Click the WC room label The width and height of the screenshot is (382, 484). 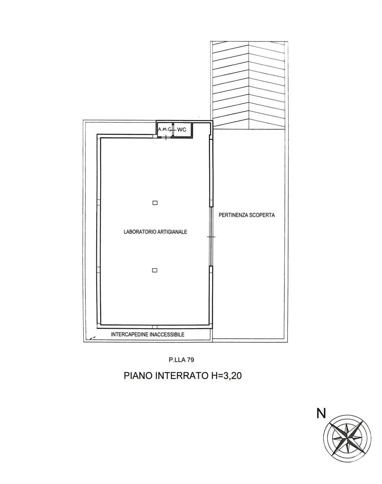[182, 130]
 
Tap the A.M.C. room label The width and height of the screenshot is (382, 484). [165, 129]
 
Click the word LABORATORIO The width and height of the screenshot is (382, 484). [140, 232]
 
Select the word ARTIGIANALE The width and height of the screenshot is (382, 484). [172, 232]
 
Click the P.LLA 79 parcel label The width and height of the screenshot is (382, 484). [181, 360]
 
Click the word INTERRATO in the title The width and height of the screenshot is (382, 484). [183, 376]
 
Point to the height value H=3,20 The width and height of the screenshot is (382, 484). [226, 376]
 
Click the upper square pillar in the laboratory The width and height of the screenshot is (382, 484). [155, 203]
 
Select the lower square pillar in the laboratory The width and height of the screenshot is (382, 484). [155, 270]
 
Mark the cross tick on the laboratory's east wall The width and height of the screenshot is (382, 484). [211, 237]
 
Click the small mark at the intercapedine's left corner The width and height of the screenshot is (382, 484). [92, 338]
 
